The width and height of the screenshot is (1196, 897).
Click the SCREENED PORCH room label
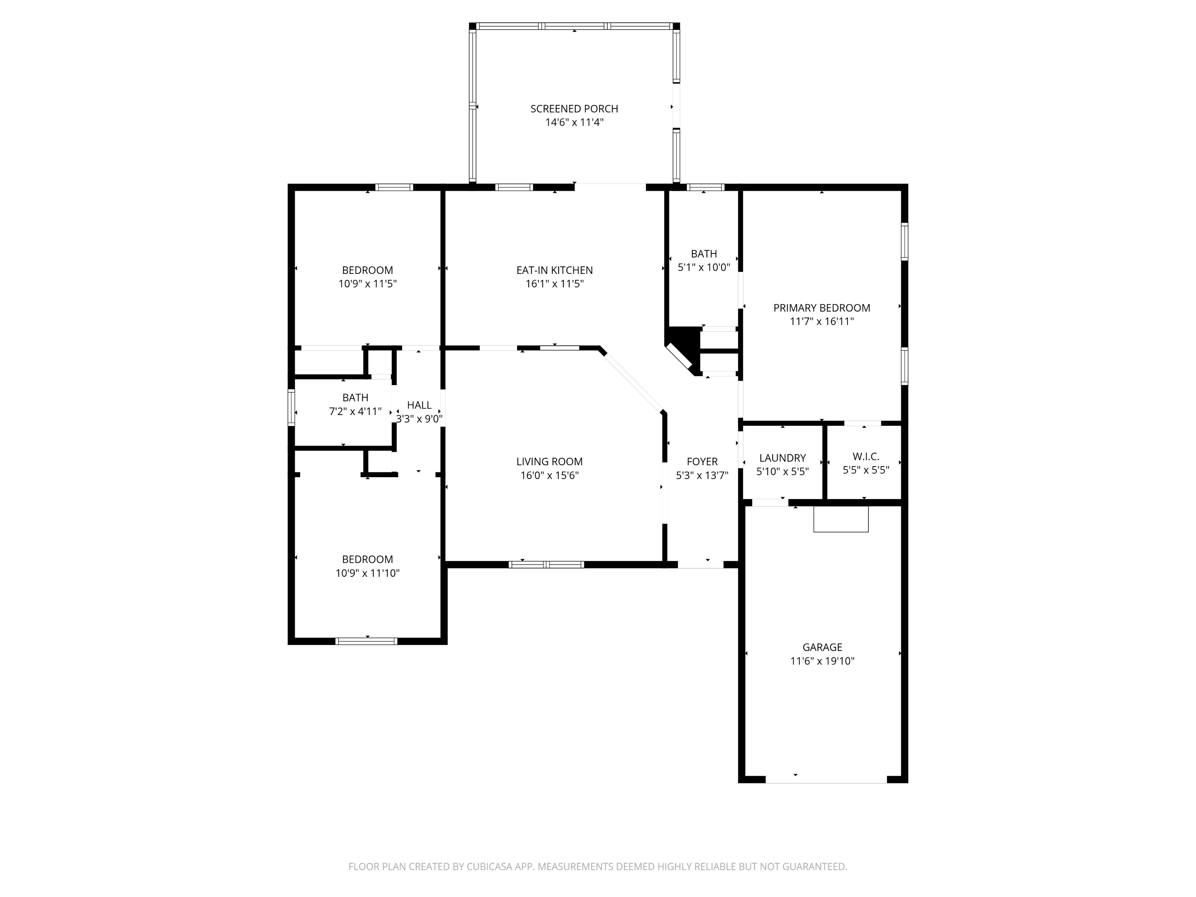[x=574, y=109]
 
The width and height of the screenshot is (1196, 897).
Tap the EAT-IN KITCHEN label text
[x=554, y=270]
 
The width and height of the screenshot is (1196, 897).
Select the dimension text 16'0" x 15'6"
[x=549, y=475]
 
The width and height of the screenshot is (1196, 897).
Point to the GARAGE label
[x=822, y=647]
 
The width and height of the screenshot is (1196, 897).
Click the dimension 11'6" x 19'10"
[x=822, y=661]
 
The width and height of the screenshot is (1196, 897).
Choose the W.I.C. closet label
[x=865, y=457]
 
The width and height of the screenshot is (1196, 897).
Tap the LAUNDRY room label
[x=782, y=458]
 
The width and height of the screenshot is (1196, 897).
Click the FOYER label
[x=702, y=462]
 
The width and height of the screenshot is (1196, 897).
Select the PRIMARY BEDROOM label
[x=821, y=308]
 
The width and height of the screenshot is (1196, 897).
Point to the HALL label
[x=419, y=405]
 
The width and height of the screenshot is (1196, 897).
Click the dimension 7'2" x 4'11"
[x=355, y=411]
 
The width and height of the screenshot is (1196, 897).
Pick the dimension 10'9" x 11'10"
[x=367, y=573]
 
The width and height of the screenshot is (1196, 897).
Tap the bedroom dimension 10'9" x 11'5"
[x=367, y=284]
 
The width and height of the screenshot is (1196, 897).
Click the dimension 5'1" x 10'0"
[x=703, y=267]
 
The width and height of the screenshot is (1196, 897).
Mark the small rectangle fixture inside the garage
[x=841, y=519]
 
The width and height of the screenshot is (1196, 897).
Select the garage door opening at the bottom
[x=826, y=779]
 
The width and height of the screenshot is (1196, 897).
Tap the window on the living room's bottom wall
[x=546, y=565]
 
